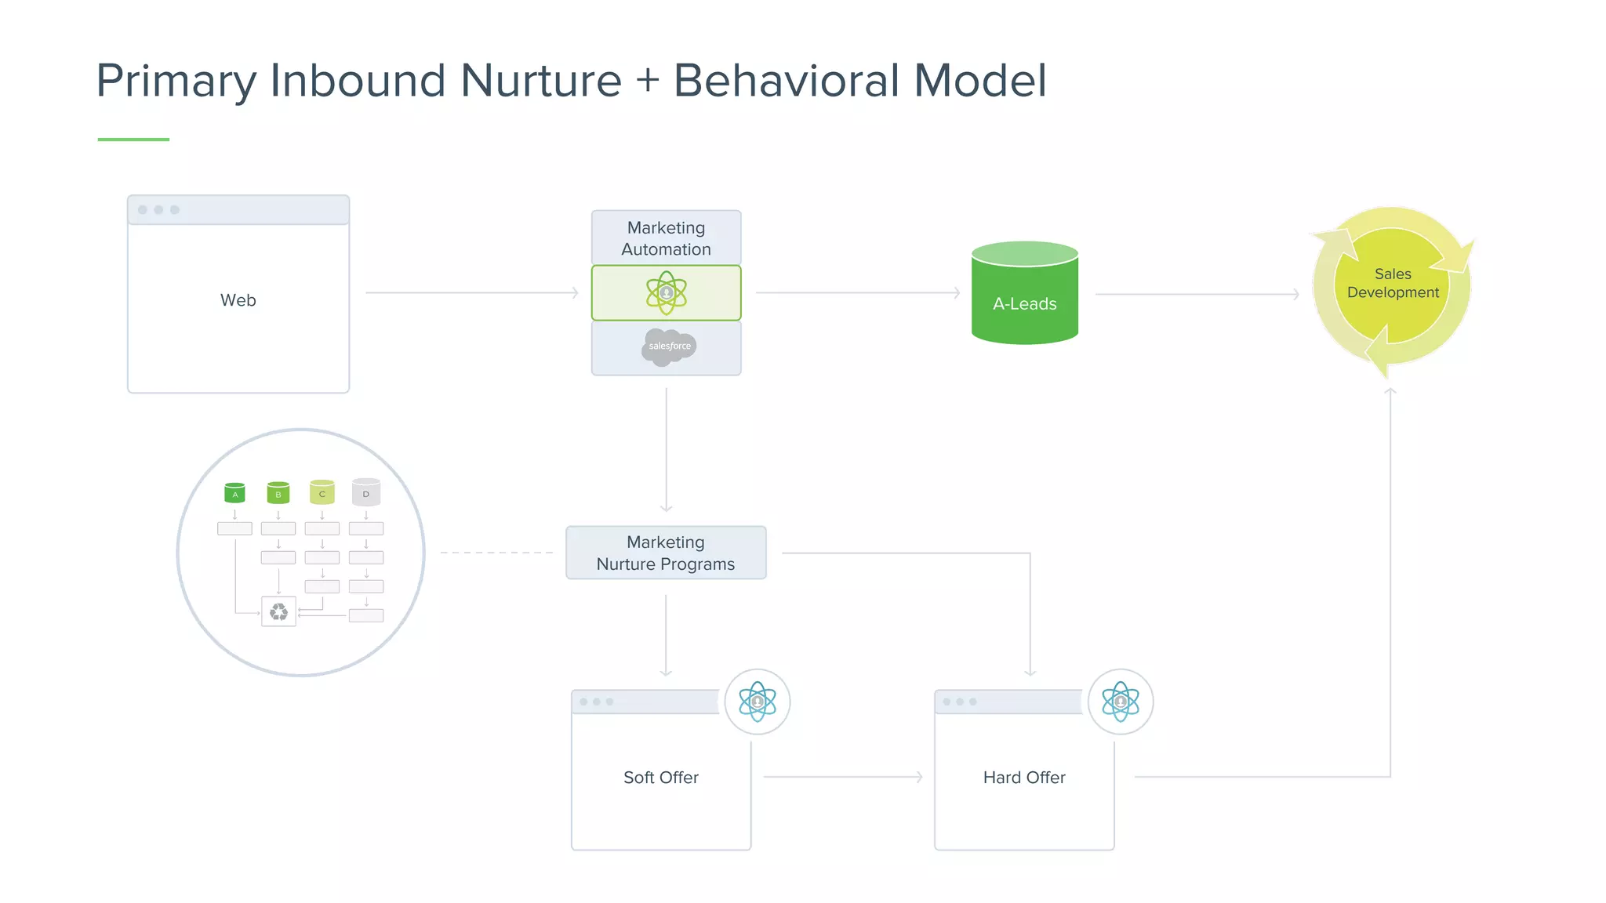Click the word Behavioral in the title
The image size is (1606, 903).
(x=787, y=81)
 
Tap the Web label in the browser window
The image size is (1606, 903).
(x=238, y=300)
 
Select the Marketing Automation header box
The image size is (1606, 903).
(x=666, y=238)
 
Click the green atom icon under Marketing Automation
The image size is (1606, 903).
(x=667, y=292)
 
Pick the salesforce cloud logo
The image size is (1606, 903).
(x=669, y=346)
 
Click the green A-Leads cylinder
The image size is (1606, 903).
(x=1024, y=298)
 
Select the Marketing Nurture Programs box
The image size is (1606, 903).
(x=666, y=553)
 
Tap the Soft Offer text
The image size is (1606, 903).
(x=660, y=778)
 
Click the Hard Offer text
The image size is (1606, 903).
(x=1023, y=778)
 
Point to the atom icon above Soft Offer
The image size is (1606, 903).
(x=757, y=702)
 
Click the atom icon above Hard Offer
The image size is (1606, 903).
(x=1120, y=702)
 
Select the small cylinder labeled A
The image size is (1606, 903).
(x=234, y=492)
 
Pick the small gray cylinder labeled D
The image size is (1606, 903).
(x=365, y=492)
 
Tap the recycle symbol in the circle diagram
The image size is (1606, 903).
(x=278, y=611)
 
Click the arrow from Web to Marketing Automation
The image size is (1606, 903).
(x=471, y=292)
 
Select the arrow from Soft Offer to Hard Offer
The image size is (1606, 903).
(x=843, y=777)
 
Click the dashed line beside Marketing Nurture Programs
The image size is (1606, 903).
(x=496, y=553)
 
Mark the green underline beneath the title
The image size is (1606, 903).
(x=133, y=140)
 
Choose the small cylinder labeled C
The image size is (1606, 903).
(x=322, y=492)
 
